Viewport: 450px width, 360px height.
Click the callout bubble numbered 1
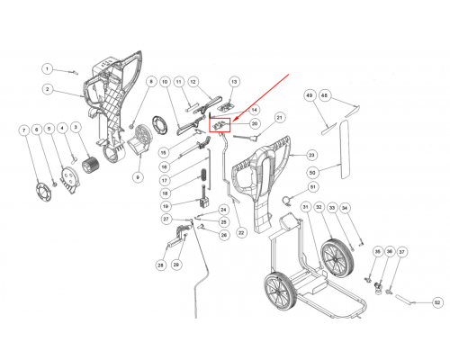point(47,69)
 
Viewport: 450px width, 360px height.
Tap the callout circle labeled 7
point(24,130)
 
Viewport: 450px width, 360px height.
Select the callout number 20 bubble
point(255,123)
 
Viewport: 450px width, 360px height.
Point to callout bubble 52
point(437,302)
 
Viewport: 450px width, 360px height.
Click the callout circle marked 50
point(312,173)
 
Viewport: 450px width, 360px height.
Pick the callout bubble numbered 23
point(311,155)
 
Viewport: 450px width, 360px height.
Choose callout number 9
point(138,177)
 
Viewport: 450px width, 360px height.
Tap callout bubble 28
point(161,265)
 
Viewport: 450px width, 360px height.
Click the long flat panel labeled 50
point(345,149)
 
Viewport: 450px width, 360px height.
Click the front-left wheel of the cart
point(280,292)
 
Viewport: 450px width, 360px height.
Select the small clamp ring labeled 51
point(287,201)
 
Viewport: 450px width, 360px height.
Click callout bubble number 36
point(390,251)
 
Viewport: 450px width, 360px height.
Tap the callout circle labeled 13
point(234,82)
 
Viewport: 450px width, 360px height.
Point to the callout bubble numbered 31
point(305,207)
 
